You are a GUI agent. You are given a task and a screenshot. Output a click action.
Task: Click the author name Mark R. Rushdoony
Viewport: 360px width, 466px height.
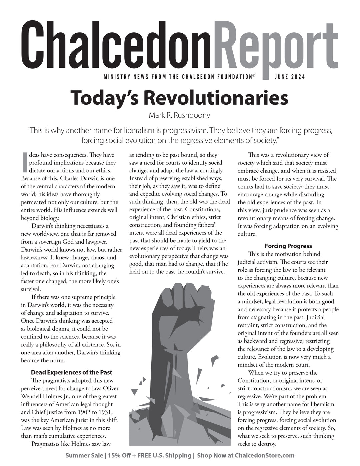click(x=180, y=116)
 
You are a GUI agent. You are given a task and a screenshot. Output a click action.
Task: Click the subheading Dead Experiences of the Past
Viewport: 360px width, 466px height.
click(x=71, y=372)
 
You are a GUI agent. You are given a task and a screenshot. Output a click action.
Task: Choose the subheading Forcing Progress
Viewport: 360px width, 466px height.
click(x=288, y=246)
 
